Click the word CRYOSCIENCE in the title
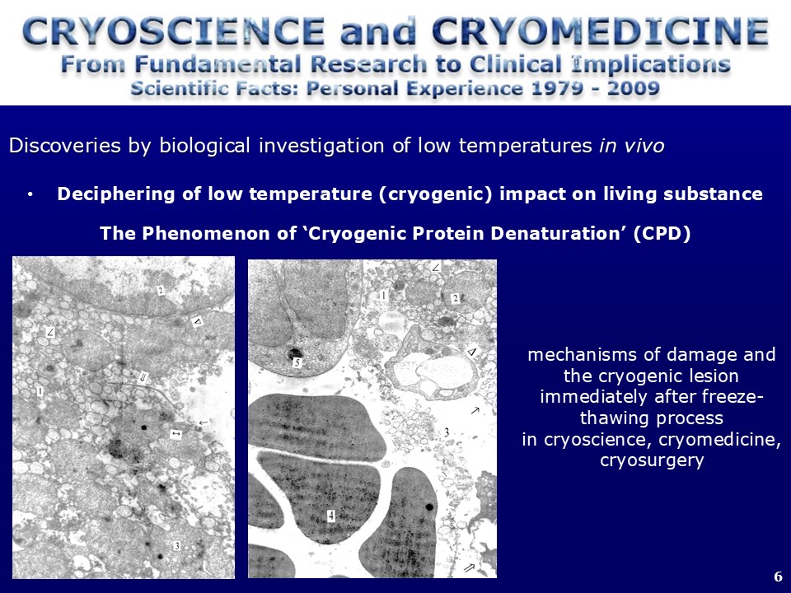(174, 31)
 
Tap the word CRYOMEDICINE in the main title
(601, 31)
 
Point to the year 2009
(633, 88)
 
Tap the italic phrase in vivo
(632, 146)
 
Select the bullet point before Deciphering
(30, 194)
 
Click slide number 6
(778, 577)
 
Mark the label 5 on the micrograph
(297, 362)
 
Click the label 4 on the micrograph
(331, 516)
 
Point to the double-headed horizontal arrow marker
(176, 433)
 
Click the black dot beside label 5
(293, 353)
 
